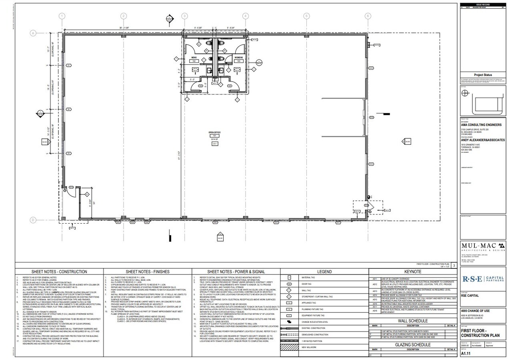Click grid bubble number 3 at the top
click(184, 16)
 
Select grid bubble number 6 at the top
click(368, 16)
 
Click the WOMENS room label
click(238, 58)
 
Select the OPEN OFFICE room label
click(214, 132)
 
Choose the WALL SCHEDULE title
click(412, 321)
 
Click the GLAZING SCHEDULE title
click(412, 344)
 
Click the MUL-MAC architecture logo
click(483, 247)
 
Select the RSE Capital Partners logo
click(483, 279)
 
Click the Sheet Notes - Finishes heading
click(147, 272)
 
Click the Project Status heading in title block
click(483, 75)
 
